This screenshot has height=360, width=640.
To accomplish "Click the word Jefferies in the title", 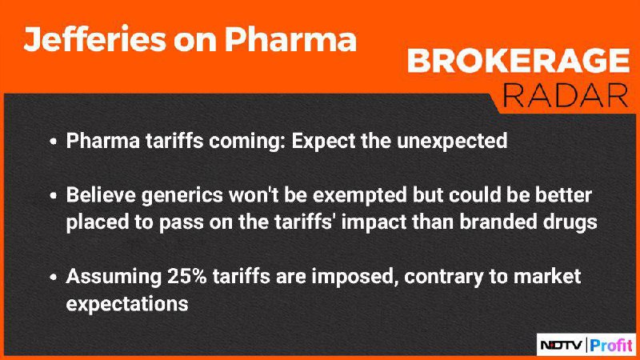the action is point(94,39).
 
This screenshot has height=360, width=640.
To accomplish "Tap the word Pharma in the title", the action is point(290,39).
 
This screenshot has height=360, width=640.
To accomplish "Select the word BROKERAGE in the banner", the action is point(518,61).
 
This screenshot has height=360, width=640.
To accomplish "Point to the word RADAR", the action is point(566,95).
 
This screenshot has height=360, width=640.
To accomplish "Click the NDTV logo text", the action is point(562,346).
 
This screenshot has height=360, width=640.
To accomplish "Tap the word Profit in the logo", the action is point(611,346).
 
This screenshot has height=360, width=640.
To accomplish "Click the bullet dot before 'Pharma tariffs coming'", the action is point(53,142).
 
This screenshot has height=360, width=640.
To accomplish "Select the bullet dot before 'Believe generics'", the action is point(53,196).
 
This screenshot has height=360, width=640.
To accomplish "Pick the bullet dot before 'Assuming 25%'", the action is point(53,277).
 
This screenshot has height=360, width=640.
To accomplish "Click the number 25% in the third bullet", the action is point(187,276).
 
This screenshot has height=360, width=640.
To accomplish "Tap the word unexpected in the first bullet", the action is point(452,142).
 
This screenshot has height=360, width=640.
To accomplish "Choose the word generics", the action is point(182,196).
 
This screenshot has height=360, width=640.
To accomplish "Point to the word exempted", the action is point(359,196).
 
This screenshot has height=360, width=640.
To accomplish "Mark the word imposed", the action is point(354,277).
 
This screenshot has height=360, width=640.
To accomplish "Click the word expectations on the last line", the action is point(127,305).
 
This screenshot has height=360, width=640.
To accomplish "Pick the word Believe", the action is point(101,195).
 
